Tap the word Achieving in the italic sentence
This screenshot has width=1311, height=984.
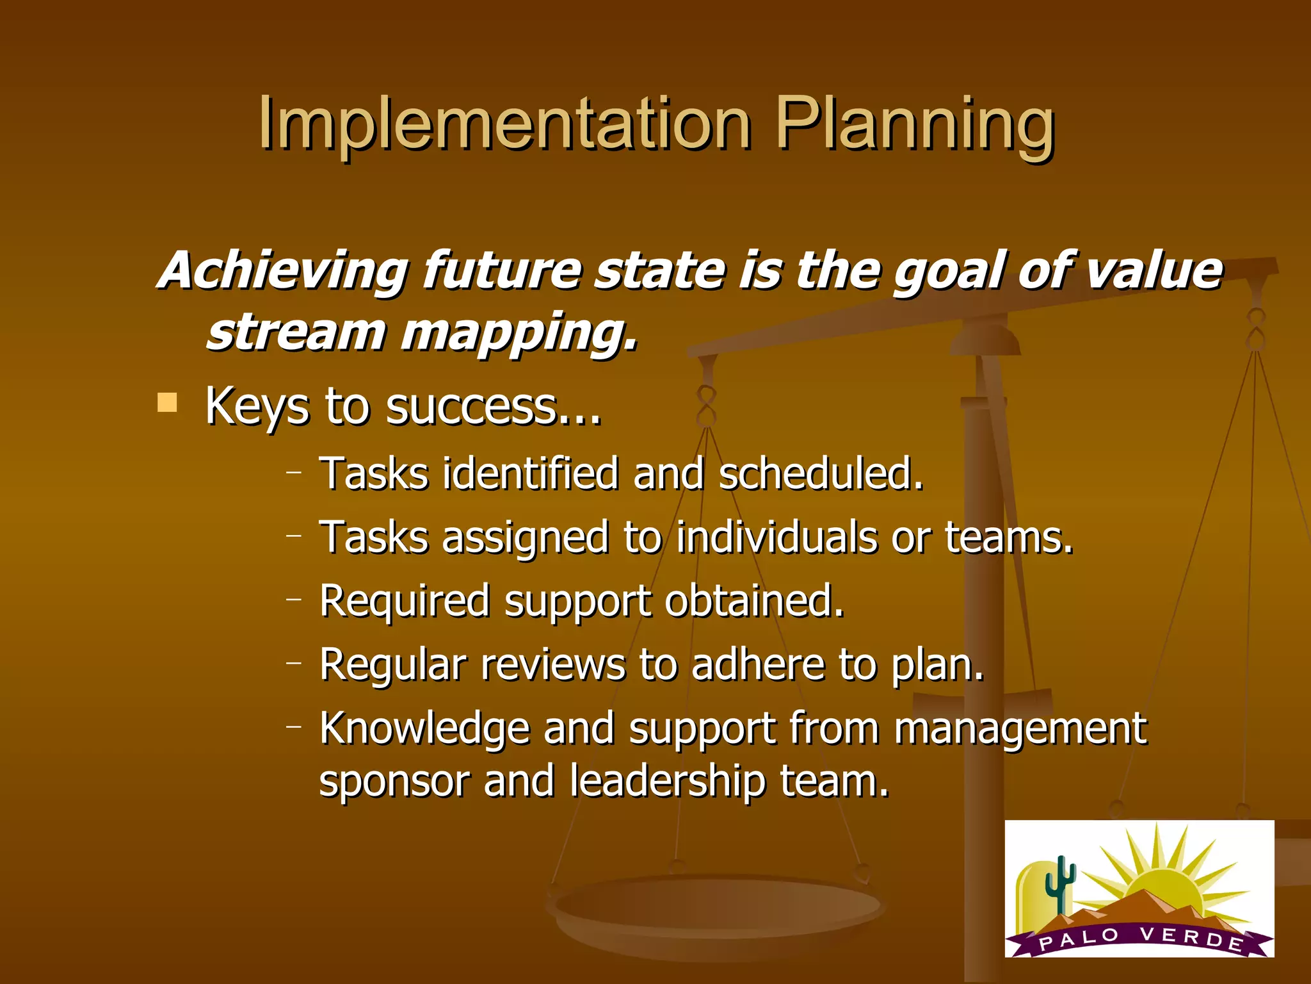282,271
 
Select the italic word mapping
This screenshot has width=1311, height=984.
519,334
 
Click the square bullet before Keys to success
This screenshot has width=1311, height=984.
167,403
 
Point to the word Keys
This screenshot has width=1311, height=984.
257,407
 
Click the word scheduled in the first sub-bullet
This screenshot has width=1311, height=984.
821,473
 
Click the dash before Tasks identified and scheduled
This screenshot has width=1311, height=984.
294,472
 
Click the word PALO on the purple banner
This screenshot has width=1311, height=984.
1079,939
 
